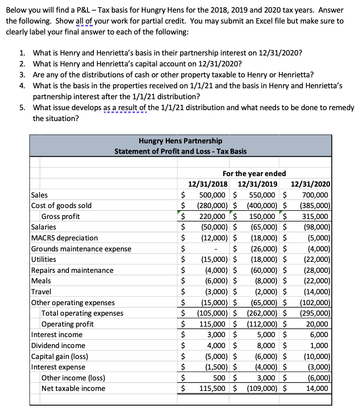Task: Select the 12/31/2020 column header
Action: coord(310,184)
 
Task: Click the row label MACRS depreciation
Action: coord(65,238)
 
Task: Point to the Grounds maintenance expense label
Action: coord(81,249)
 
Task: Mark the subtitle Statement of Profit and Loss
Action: coord(180,151)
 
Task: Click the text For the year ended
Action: coord(254,173)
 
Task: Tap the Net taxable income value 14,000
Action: coord(318,388)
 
